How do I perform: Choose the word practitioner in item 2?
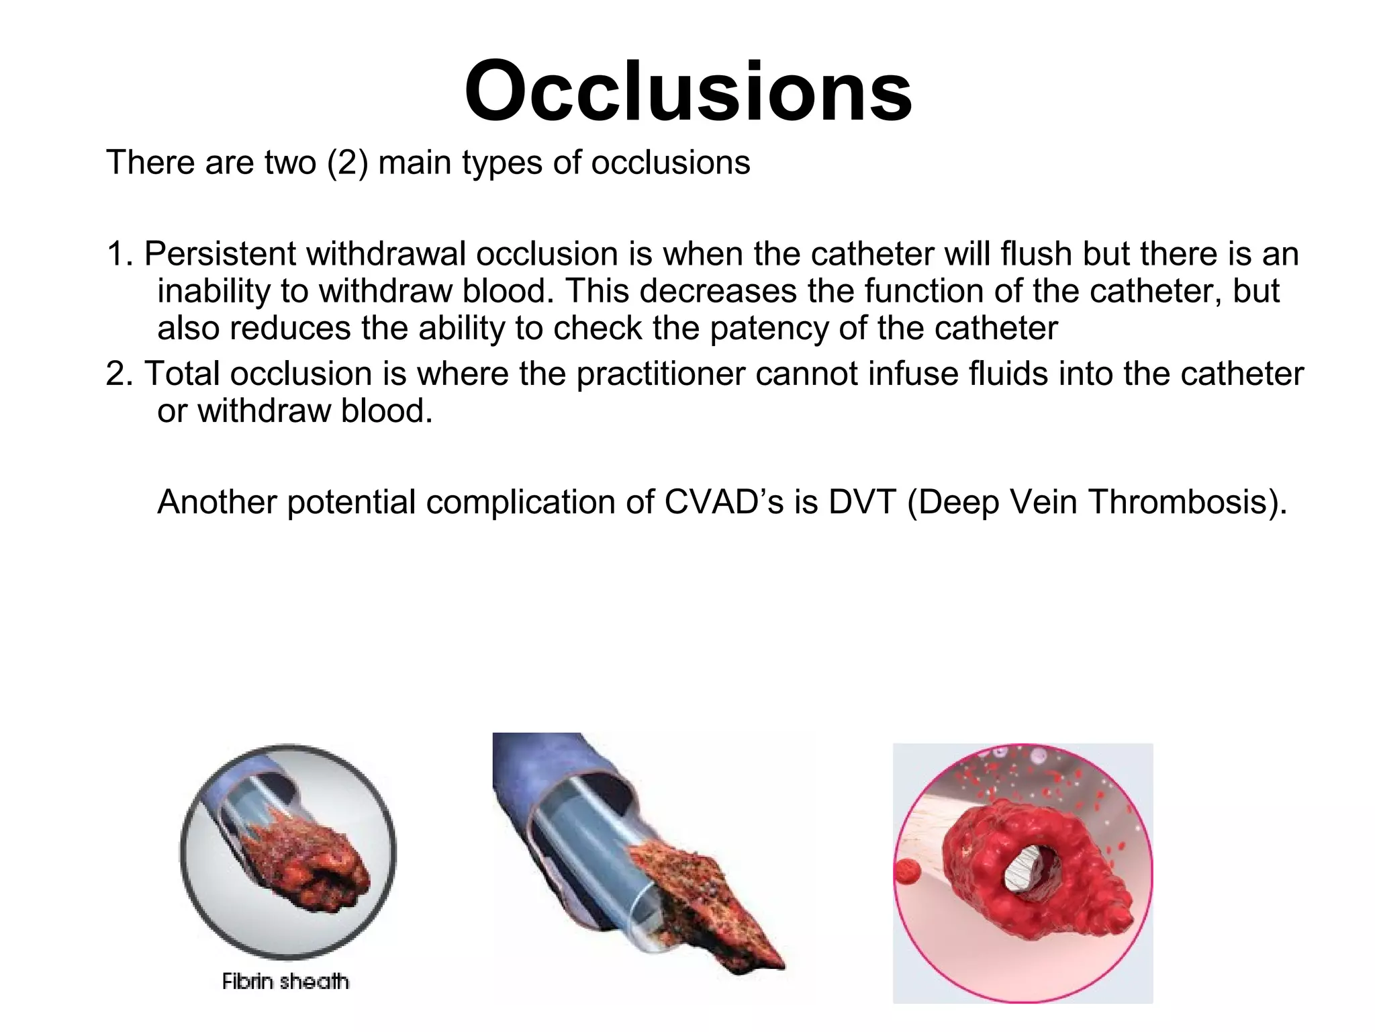(x=661, y=374)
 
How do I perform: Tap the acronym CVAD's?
(x=724, y=502)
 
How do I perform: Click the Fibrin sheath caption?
(x=285, y=982)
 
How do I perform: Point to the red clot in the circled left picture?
(x=305, y=867)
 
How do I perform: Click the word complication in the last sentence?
(x=540, y=502)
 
